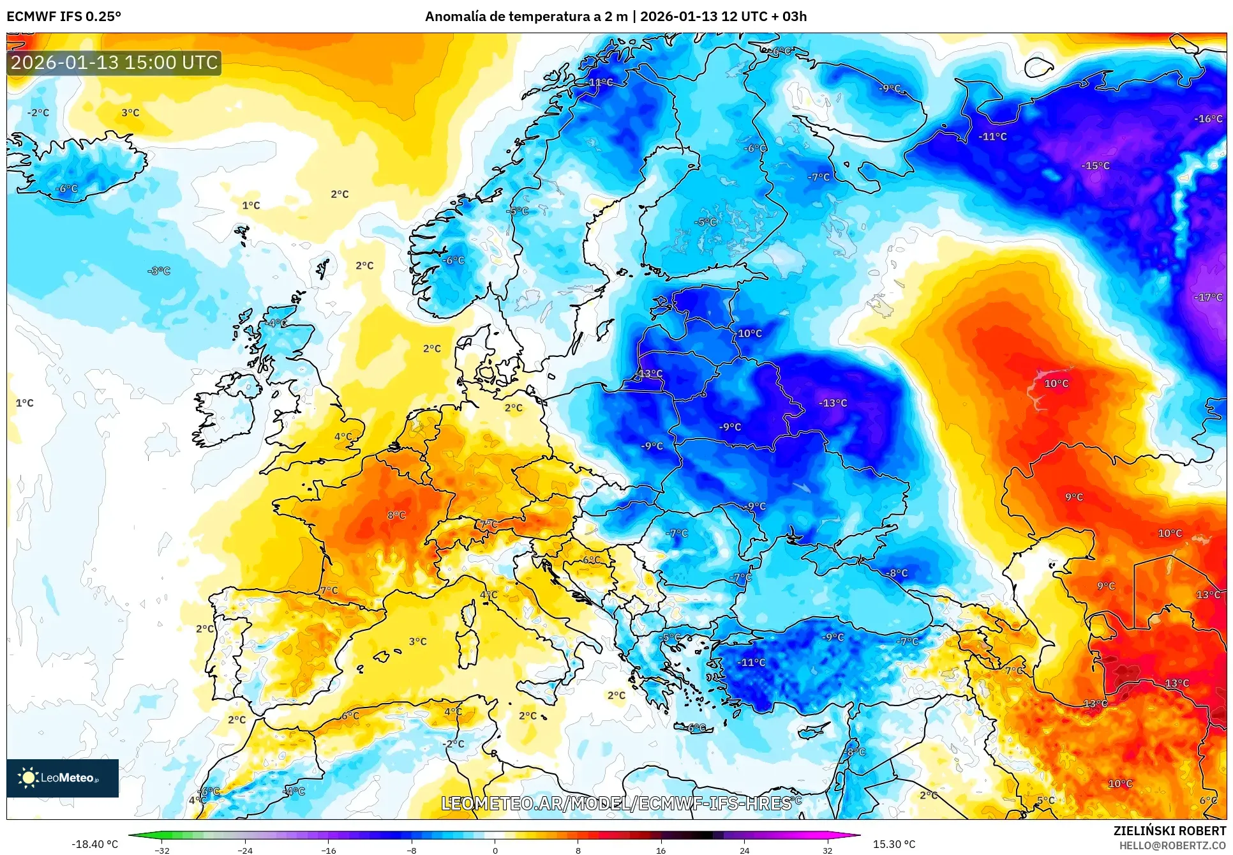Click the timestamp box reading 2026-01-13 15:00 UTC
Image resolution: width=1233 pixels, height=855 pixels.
pos(114,63)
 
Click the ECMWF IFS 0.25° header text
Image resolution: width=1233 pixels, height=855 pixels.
pos(64,16)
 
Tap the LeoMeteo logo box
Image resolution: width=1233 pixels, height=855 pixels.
pos(63,778)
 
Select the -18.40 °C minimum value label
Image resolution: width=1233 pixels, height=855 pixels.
pos(94,844)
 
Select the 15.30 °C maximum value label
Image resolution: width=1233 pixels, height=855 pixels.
pos(893,844)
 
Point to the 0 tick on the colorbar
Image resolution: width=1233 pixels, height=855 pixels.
pos(495,850)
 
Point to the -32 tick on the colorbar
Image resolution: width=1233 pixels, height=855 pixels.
pos(162,850)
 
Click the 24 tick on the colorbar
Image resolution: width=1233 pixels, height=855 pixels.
pos(744,850)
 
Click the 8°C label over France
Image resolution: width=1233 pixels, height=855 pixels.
pos(396,515)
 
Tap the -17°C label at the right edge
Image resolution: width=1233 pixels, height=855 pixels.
pos(1208,297)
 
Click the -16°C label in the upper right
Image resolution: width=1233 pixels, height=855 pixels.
pos(1208,118)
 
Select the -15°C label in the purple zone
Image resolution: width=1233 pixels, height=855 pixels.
pos(1095,165)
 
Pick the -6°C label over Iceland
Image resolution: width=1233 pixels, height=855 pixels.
pos(66,188)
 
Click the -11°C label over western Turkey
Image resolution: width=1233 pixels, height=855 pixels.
pos(751,662)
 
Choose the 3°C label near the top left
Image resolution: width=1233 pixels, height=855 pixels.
pos(130,112)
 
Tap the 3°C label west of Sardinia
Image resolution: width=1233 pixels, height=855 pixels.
pos(418,641)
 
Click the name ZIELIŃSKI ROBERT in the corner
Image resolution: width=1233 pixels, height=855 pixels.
pos(1169,831)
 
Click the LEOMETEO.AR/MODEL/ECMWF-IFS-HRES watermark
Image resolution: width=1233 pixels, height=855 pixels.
pos(616,803)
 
